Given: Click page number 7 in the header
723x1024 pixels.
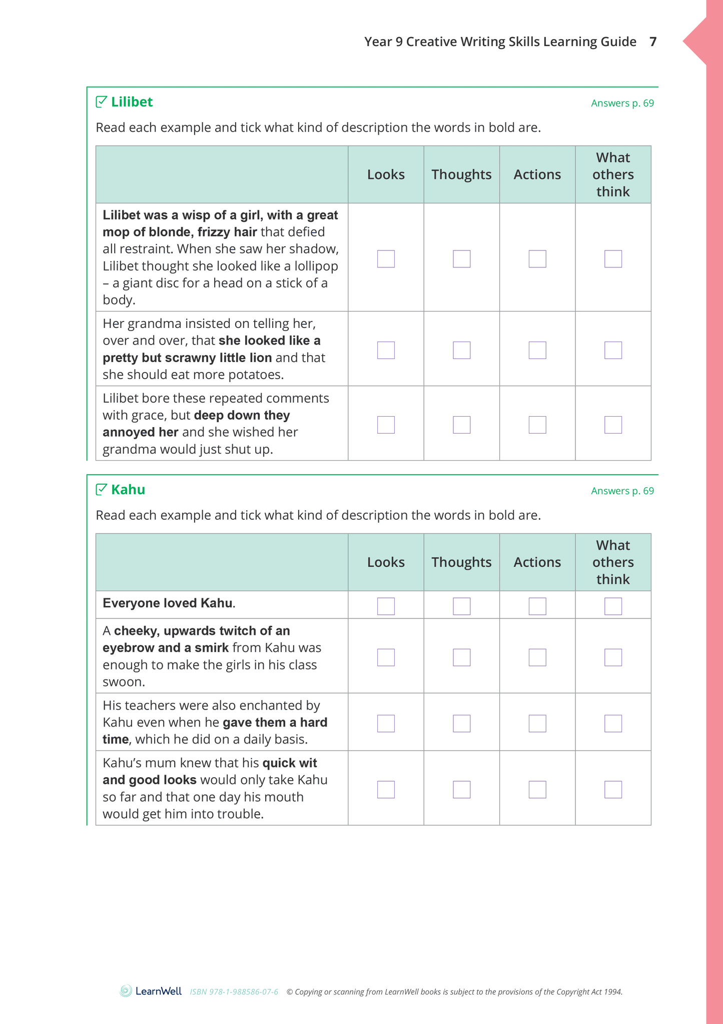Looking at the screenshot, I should (x=653, y=42).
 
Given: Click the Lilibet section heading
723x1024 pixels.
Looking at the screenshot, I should (x=132, y=102).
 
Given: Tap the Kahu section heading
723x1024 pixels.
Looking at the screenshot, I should (x=128, y=490).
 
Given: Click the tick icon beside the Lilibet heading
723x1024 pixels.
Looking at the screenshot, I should (x=101, y=102).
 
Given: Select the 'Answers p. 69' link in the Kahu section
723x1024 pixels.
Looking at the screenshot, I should (x=622, y=491).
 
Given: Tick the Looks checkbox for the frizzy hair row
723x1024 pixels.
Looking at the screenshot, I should (x=386, y=259).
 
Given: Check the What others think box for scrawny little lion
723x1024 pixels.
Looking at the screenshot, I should (x=613, y=350).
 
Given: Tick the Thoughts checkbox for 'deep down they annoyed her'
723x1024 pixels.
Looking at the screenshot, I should (x=461, y=425).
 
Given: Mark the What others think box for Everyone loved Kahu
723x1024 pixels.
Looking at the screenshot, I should (x=613, y=606).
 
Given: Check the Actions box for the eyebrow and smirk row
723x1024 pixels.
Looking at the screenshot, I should (x=537, y=657).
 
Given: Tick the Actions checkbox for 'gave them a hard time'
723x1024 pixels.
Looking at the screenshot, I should (x=537, y=724).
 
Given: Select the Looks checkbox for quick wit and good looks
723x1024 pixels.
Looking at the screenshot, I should (x=386, y=790).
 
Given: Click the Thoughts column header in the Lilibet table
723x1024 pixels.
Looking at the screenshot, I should (x=461, y=175).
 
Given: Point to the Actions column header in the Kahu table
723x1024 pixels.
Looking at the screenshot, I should (x=537, y=562).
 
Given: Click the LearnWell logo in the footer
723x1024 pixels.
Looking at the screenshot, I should (x=151, y=991).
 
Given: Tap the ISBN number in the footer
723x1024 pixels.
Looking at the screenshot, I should (x=234, y=992).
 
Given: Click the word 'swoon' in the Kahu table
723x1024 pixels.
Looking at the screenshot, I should (x=123, y=682).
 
